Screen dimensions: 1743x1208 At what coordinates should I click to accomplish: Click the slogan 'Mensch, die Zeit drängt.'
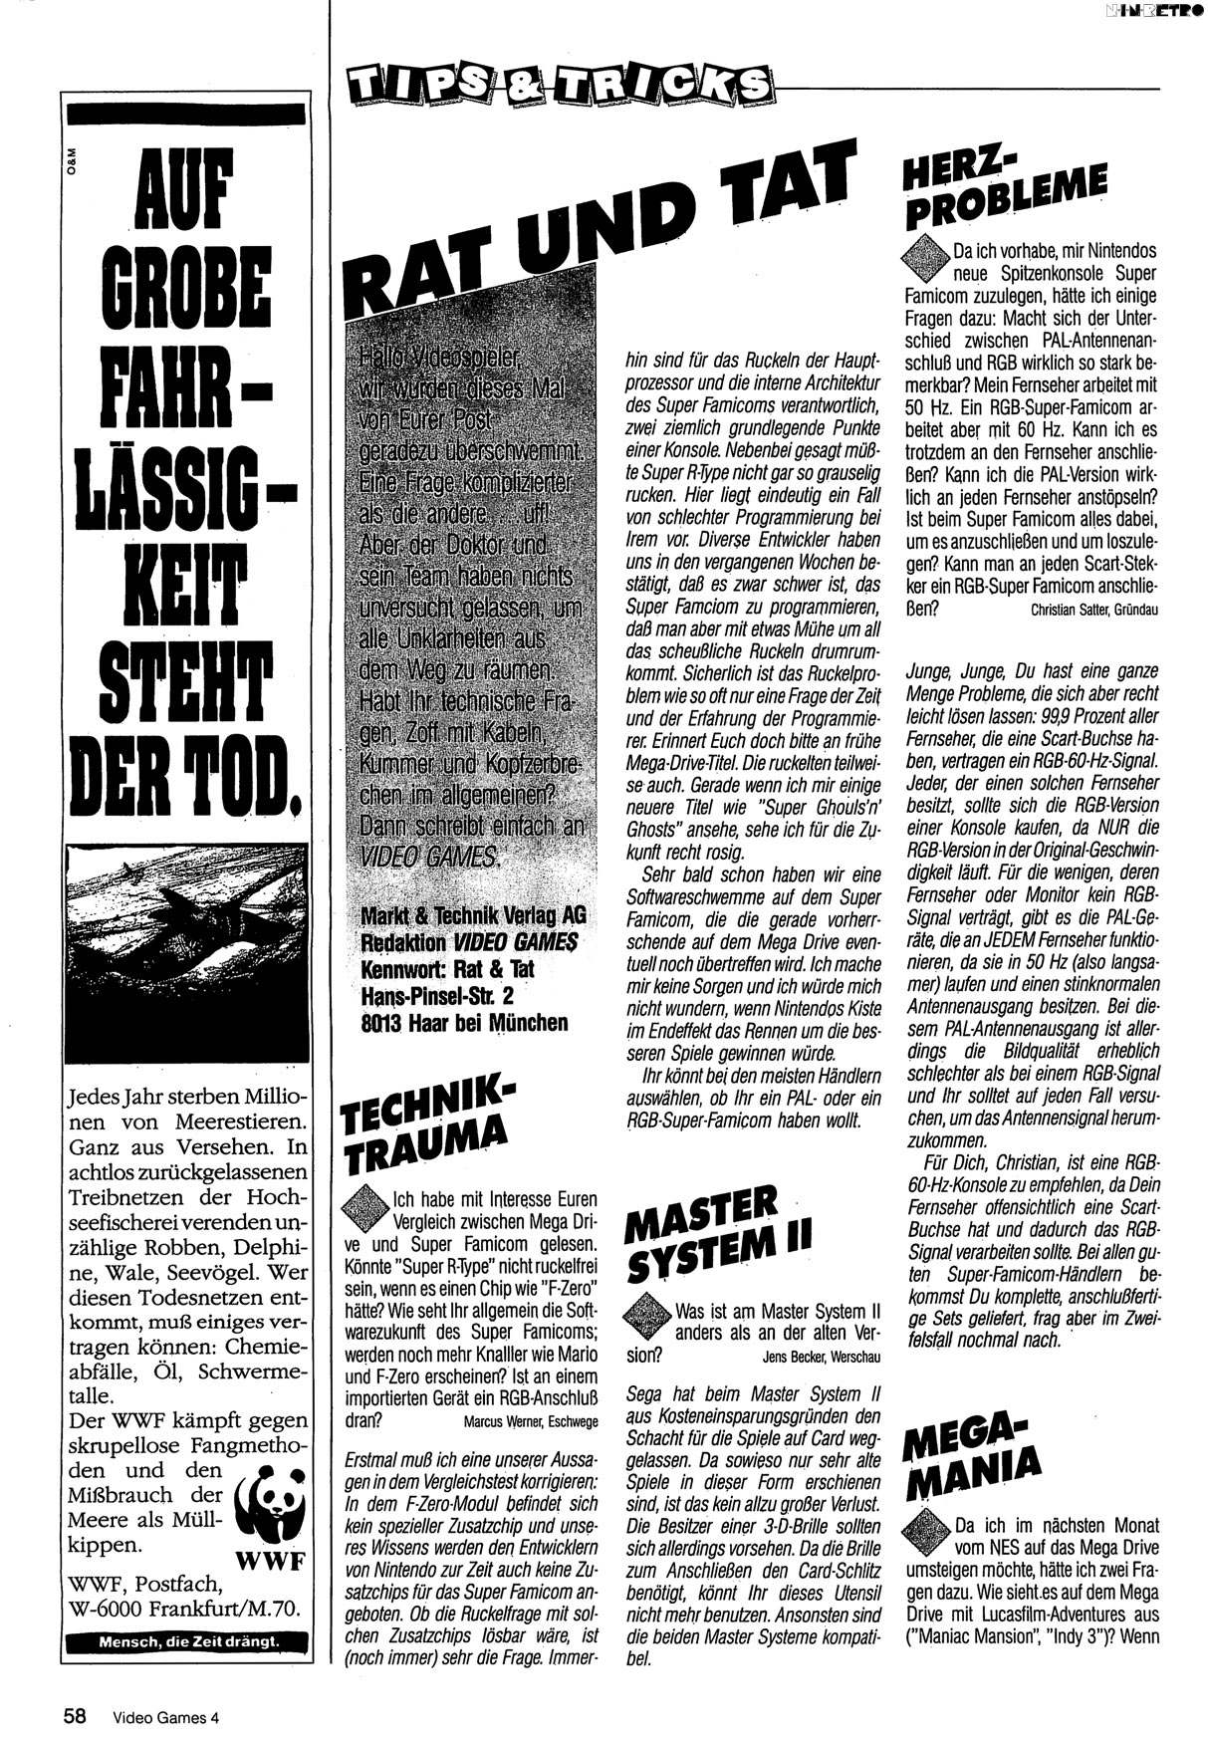[x=188, y=1642]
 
